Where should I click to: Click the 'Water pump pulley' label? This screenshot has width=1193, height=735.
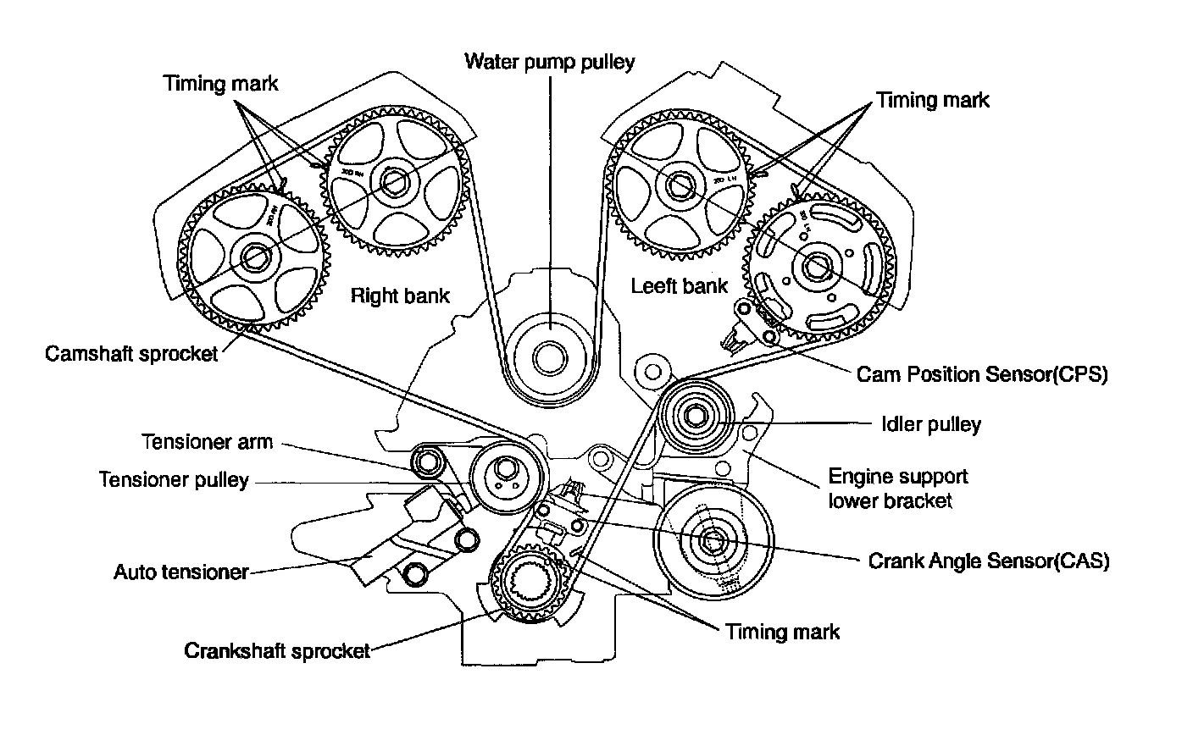pyautogui.click(x=549, y=62)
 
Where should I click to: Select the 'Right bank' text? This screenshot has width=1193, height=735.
pyautogui.click(x=400, y=296)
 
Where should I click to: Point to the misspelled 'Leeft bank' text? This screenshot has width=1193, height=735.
pyautogui.click(x=680, y=285)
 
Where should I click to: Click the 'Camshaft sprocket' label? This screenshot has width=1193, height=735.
pyautogui.click(x=131, y=352)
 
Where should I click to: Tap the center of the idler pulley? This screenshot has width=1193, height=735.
pyautogui.click(x=695, y=415)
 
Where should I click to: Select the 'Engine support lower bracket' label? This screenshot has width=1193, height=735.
pyautogui.click(x=897, y=488)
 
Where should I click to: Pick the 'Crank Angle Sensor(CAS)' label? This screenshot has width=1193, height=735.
pyautogui.click(x=989, y=561)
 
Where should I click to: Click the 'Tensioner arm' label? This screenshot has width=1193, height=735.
pyautogui.click(x=208, y=442)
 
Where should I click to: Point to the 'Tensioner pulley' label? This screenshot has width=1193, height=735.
pyautogui.click(x=174, y=479)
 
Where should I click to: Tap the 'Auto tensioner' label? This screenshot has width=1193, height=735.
pyautogui.click(x=181, y=572)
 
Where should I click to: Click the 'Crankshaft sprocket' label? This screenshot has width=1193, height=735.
pyautogui.click(x=277, y=651)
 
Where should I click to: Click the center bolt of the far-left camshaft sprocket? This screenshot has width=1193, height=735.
pyautogui.click(x=254, y=254)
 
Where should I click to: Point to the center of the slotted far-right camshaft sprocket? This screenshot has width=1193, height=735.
pyautogui.click(x=818, y=266)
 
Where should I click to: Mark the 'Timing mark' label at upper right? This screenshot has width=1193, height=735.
pyautogui.click(x=932, y=100)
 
